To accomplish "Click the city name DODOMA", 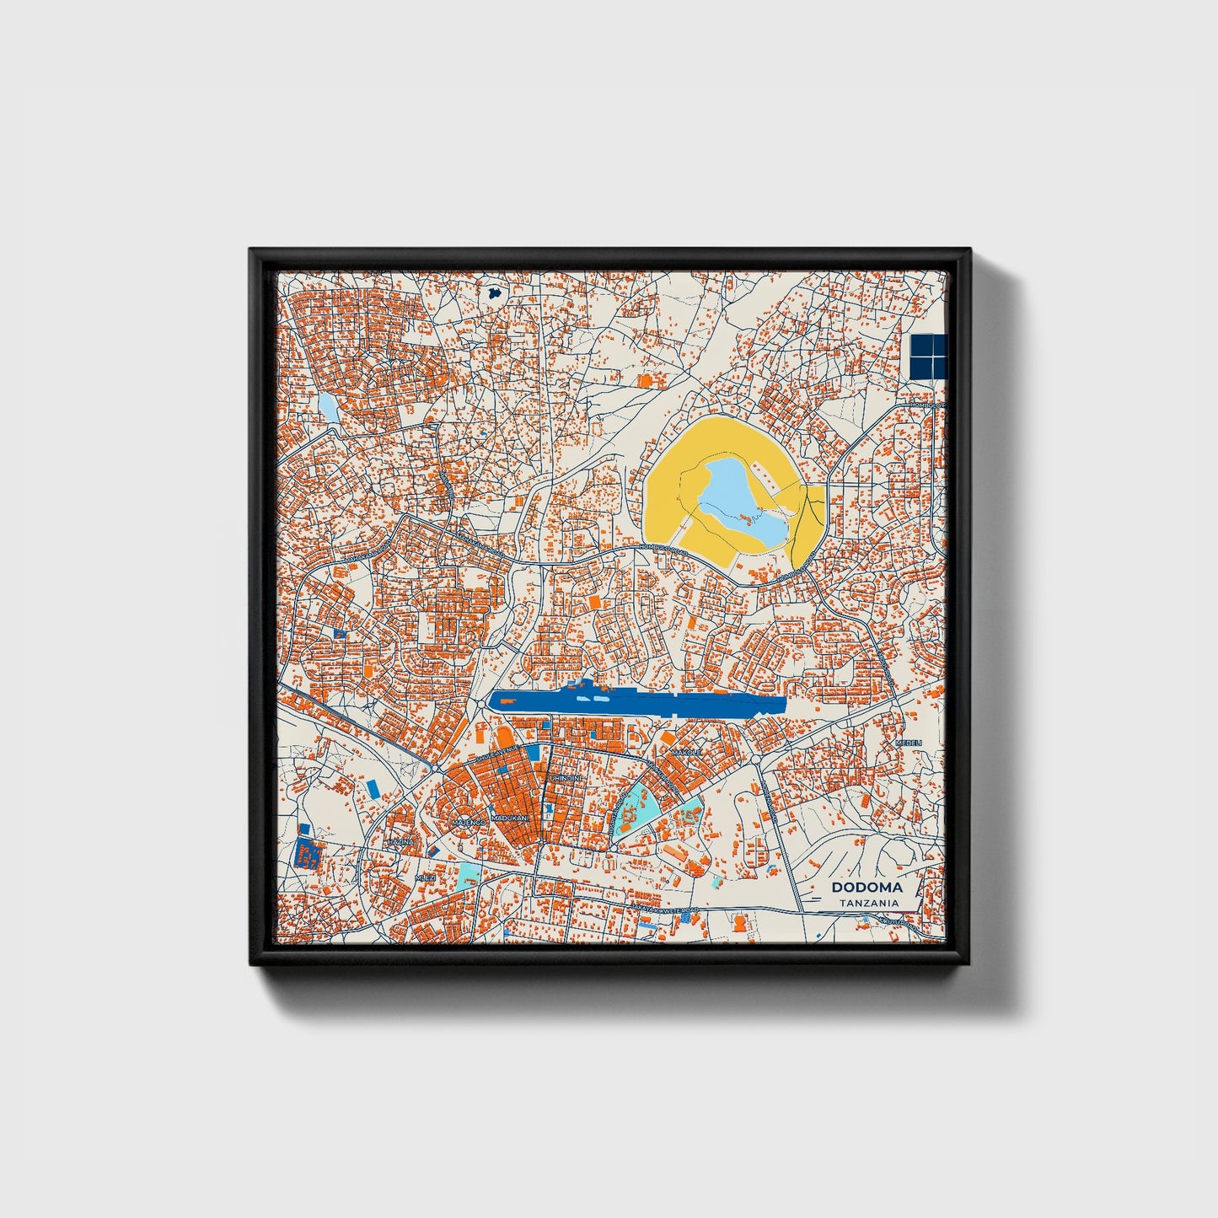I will (867, 887).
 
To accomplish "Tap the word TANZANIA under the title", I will (867, 903).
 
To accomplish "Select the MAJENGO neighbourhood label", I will (468, 821).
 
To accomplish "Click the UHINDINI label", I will (565, 776).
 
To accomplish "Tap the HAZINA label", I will (400, 841).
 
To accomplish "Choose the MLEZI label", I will (426, 877).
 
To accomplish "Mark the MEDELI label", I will (909, 743).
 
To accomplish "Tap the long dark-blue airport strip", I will (637, 701).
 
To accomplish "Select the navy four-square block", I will (929, 355).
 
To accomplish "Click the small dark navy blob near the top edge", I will (494, 293).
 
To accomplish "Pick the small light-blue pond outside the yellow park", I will (327, 408).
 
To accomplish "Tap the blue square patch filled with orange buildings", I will (306, 853).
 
